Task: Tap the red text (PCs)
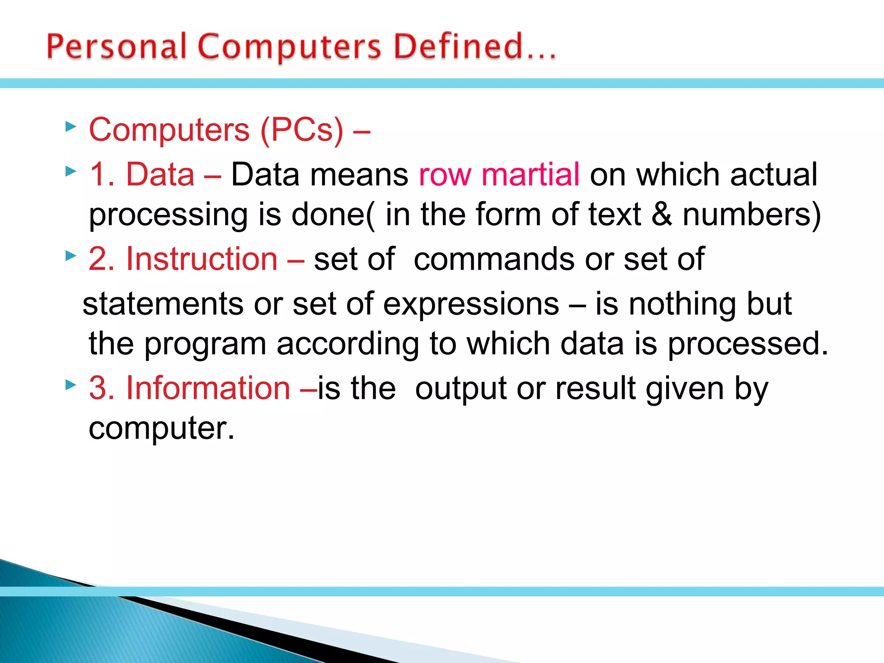tap(302, 129)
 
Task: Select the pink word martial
tap(530, 174)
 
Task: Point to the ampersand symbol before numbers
tap(662, 215)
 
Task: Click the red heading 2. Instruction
tap(183, 259)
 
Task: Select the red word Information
tap(208, 388)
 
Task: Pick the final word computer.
tap(161, 429)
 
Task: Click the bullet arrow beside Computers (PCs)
tap(71, 127)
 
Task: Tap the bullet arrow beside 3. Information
tap(71, 384)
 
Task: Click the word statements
tap(163, 304)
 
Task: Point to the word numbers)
tap(751, 215)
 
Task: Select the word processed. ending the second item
tap(748, 344)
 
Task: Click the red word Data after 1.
tap(160, 174)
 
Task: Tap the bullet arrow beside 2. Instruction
tap(71, 256)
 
